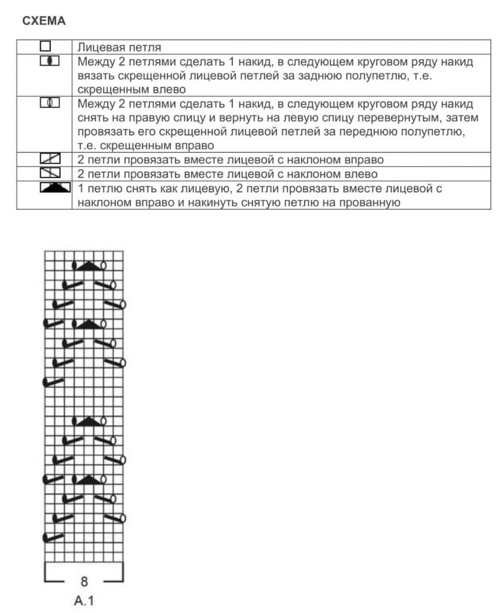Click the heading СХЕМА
(44, 21)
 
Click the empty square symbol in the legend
(45, 46)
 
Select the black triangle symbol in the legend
(52, 189)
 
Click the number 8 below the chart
(84, 580)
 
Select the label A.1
(84, 600)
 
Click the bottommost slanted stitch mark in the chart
(54, 537)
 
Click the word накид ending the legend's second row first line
(457, 62)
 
